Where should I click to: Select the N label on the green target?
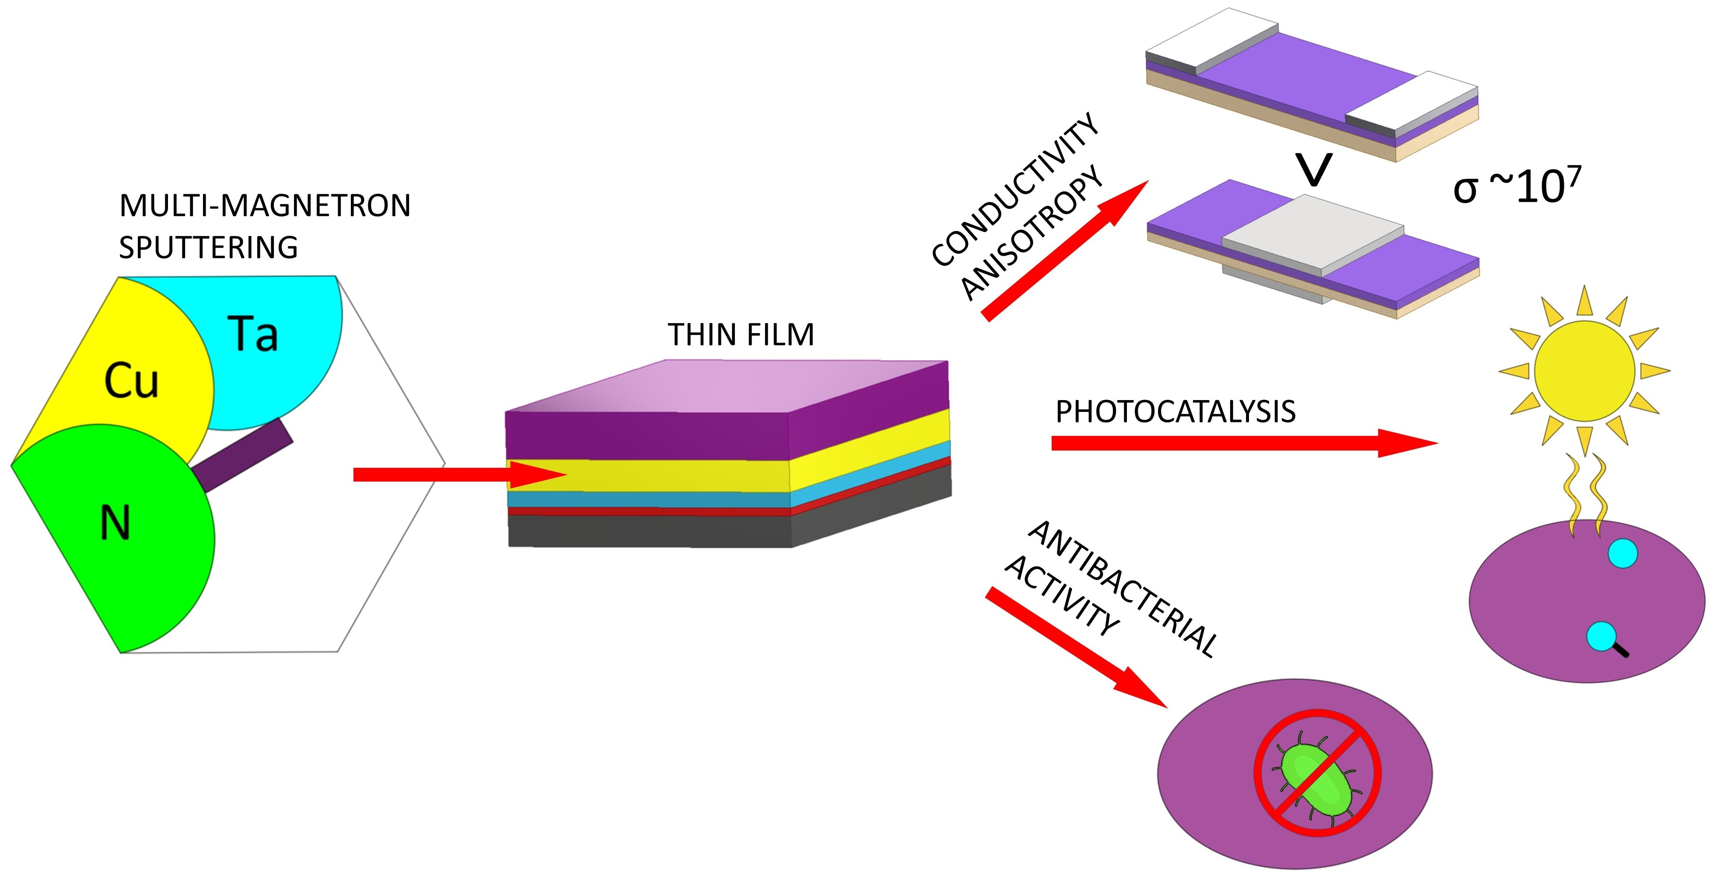point(115,524)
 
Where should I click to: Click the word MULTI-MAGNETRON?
point(265,205)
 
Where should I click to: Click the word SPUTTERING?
point(208,248)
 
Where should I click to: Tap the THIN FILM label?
point(741,334)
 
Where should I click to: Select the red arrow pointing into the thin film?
point(459,475)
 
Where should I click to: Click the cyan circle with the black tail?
point(1601,636)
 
